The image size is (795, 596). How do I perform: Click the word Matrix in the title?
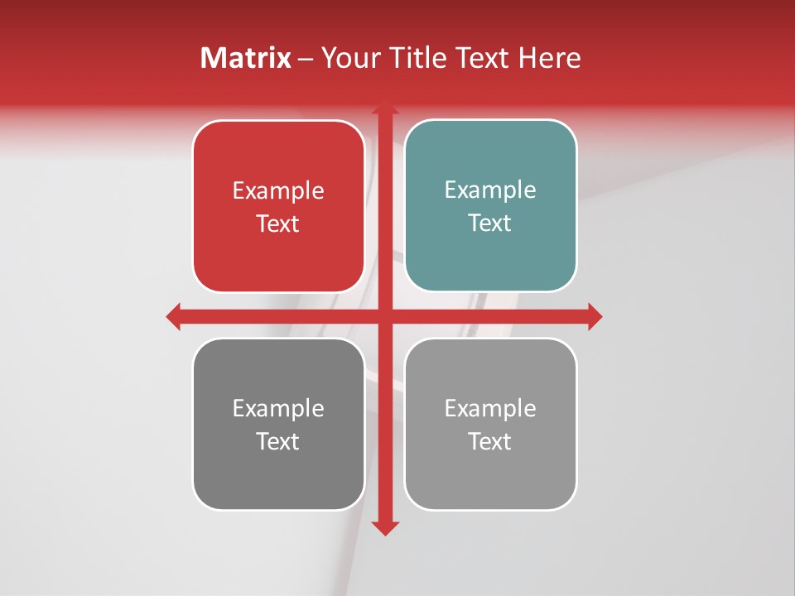(246, 58)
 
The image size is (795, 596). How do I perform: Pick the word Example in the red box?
(278, 191)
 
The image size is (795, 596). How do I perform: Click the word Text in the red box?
(278, 223)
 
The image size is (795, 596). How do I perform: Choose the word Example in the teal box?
(490, 190)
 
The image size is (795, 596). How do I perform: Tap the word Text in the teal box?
(490, 223)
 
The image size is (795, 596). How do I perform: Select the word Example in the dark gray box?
(278, 408)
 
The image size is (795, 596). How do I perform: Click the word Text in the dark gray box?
(278, 441)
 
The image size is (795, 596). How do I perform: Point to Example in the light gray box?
(490, 408)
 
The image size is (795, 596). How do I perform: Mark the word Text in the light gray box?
(490, 441)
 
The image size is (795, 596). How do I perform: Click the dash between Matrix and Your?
(306, 59)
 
